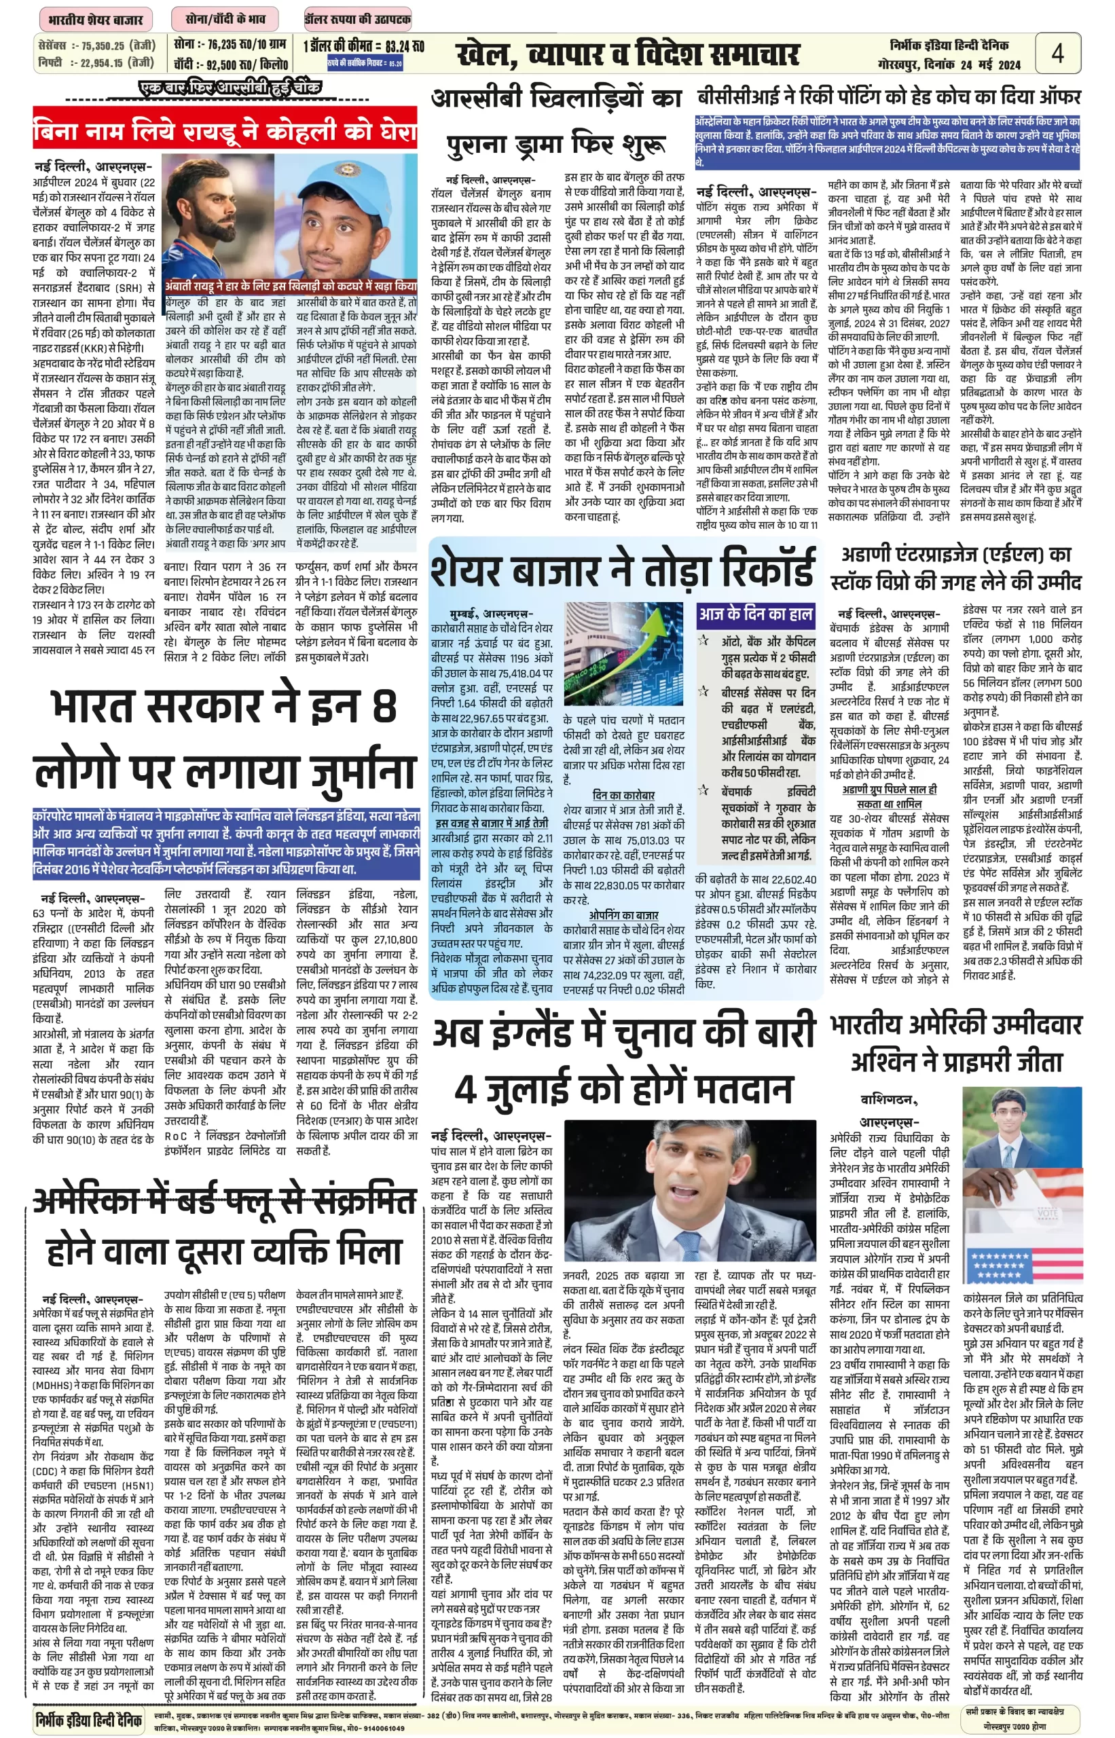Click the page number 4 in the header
tap(1057, 52)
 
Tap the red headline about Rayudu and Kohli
tap(225, 131)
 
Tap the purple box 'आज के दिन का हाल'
tap(755, 614)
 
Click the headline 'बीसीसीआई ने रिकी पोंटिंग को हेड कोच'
tap(888, 96)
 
